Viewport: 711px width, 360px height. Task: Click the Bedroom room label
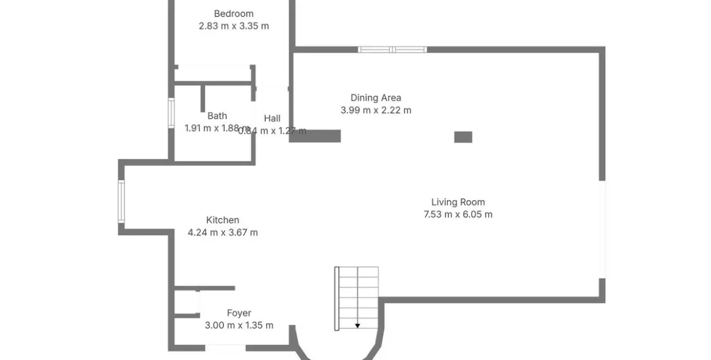click(234, 13)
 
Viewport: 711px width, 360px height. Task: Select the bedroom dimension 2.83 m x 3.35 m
click(234, 26)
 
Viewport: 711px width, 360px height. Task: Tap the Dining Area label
click(375, 98)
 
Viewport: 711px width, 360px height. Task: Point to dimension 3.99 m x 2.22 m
click(375, 110)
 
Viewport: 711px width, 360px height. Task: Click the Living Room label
click(458, 202)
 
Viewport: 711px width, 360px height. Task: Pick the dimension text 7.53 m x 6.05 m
click(458, 215)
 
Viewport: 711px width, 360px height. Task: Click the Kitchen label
click(223, 220)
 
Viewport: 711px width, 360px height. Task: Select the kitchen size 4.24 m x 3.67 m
click(223, 232)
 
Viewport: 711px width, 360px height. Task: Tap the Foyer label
click(239, 313)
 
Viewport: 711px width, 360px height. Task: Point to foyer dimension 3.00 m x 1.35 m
click(239, 326)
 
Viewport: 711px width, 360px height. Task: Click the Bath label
click(217, 116)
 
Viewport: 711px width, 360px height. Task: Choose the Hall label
click(272, 118)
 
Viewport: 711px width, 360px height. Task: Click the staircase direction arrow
click(357, 326)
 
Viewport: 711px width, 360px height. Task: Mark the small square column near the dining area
click(463, 137)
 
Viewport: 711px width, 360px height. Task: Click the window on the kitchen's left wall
click(121, 201)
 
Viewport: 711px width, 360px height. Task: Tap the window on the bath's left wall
click(171, 113)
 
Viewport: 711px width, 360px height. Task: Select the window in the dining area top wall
click(392, 49)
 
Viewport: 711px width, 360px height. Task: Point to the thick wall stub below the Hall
click(315, 136)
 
